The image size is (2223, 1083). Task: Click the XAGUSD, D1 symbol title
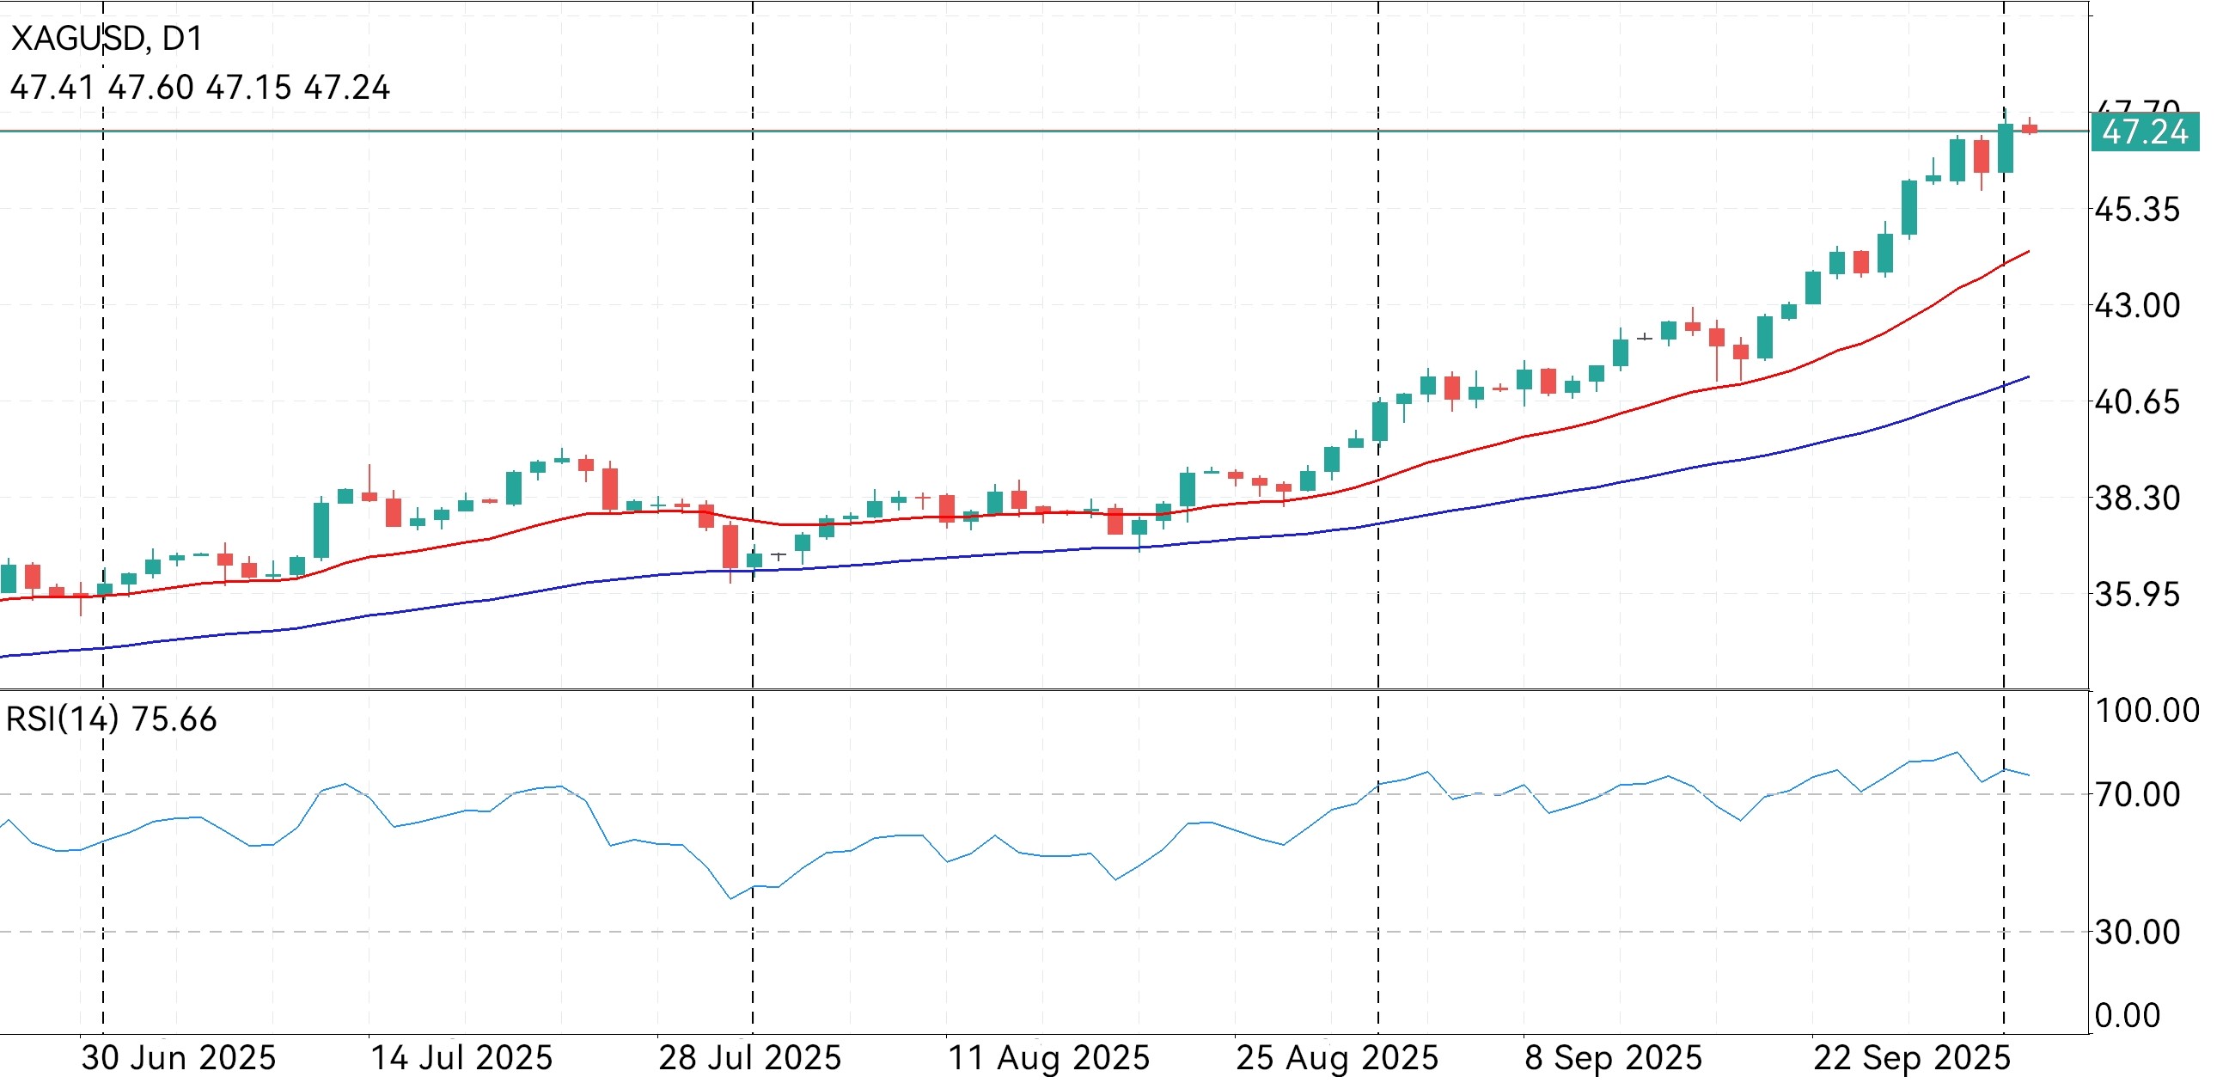tap(107, 39)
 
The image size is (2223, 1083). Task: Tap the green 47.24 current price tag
tap(2144, 133)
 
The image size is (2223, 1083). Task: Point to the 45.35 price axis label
tap(2137, 210)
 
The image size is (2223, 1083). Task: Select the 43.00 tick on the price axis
tap(2137, 306)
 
